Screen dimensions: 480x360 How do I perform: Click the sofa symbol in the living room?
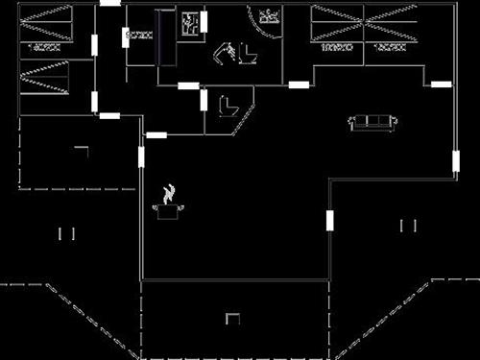[373, 122]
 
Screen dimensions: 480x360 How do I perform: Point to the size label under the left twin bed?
[335, 46]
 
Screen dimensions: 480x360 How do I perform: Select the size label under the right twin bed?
[386, 46]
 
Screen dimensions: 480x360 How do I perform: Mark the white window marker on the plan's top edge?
[110, 3]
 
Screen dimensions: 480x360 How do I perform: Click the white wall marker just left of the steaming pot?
[141, 156]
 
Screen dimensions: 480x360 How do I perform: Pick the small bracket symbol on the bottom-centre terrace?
[231, 318]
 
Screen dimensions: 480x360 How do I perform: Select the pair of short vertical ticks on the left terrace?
[66, 232]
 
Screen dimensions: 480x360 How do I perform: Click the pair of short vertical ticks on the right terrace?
[408, 226]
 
